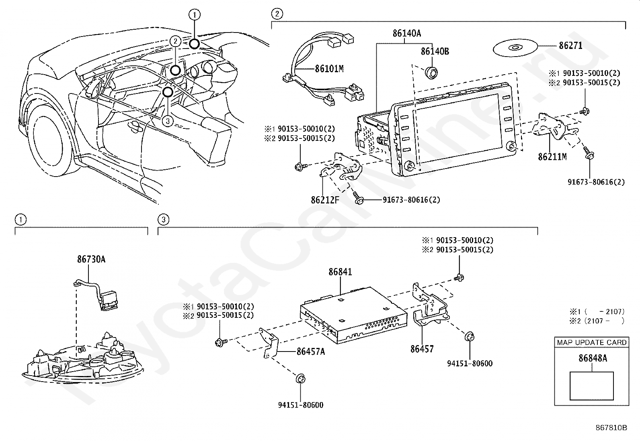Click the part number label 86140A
(407, 34)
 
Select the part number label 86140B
(435, 52)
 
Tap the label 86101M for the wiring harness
(329, 69)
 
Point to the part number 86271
(570, 46)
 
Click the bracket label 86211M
(552, 157)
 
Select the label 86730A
(91, 260)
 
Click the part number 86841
(340, 272)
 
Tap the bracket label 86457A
(310, 352)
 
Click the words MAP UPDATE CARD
(592, 342)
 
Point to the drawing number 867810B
(611, 428)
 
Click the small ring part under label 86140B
(432, 72)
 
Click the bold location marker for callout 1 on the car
(195, 43)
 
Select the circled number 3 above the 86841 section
(163, 219)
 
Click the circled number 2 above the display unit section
(277, 14)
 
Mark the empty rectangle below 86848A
(592, 386)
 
